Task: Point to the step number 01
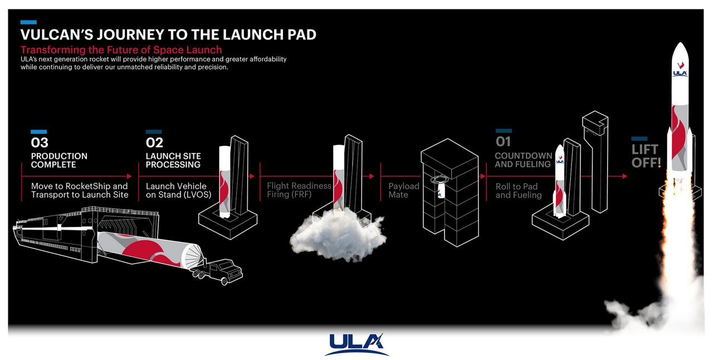pyautogui.click(x=503, y=142)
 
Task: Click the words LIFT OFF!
pyautogui.click(x=646, y=156)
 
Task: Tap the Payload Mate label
pyautogui.click(x=404, y=191)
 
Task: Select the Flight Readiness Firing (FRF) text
pyautogui.click(x=299, y=191)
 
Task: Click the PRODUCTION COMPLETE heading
pyautogui.click(x=59, y=160)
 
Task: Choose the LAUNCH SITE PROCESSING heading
pyautogui.click(x=173, y=160)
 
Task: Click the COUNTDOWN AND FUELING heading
pyautogui.click(x=523, y=160)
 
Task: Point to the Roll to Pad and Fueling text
pyautogui.click(x=519, y=191)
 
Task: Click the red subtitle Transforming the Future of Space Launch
pyautogui.click(x=121, y=50)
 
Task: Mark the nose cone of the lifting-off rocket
pyautogui.click(x=680, y=53)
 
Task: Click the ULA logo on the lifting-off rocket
pyautogui.click(x=680, y=72)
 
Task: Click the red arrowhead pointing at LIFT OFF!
pyautogui.click(x=624, y=176)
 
